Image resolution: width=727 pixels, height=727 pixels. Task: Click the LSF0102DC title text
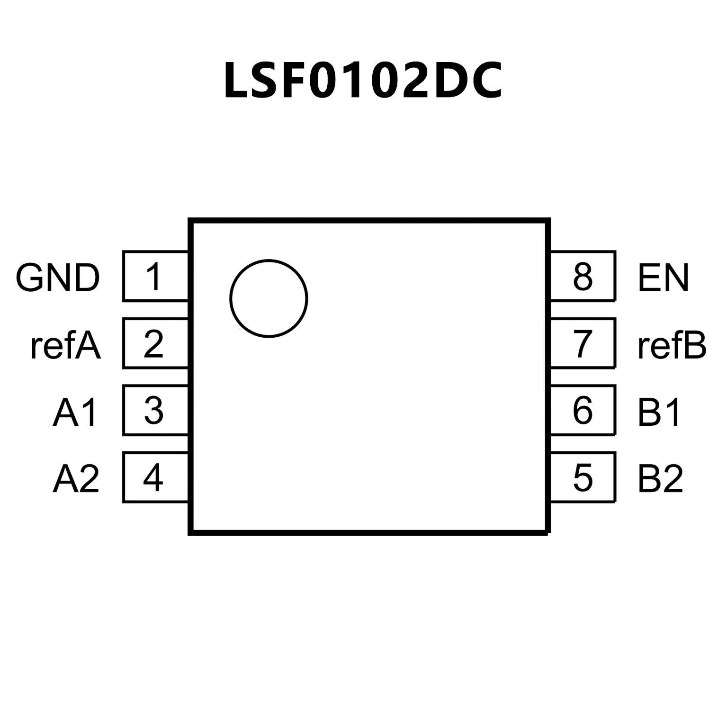pos(363,81)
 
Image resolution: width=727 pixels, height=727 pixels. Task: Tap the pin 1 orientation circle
pos(269,298)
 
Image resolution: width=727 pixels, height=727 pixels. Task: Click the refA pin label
pos(65,346)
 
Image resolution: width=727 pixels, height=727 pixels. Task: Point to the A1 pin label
pos(75,412)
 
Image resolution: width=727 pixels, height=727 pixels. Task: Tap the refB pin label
pos(672,346)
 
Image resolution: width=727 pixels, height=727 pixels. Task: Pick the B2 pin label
pos(660,478)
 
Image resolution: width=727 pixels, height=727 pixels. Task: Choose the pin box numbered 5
pos(583,477)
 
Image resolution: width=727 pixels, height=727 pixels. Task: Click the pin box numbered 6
pos(583,410)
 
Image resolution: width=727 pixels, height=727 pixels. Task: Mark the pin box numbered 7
pos(583,343)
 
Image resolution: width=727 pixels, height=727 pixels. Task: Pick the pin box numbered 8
pos(583,277)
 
